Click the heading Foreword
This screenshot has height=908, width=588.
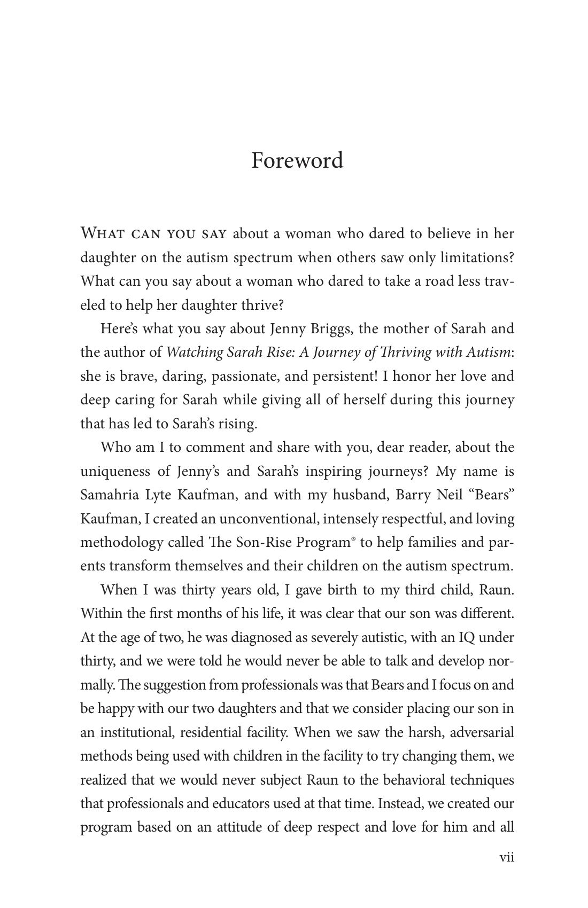(297, 160)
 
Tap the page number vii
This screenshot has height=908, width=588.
(506, 857)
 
